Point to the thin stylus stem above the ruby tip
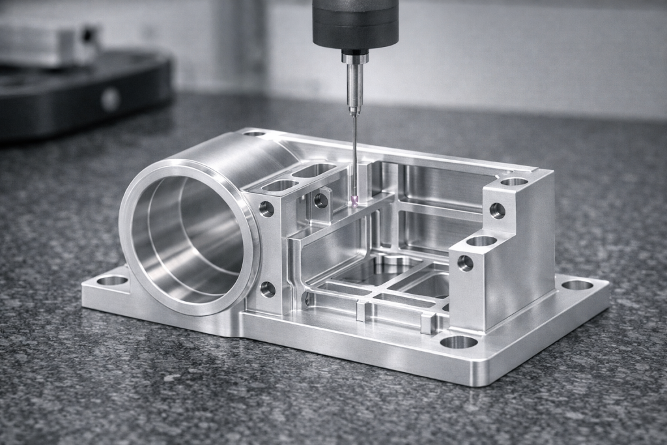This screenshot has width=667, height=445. pos(354,156)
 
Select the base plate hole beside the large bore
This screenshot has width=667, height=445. pos(112,281)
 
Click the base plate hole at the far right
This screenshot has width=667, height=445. pos(577,285)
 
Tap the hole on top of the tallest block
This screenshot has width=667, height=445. pos(514,181)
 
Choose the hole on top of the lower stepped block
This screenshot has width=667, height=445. pos(481,241)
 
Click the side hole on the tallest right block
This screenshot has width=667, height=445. pos(497,210)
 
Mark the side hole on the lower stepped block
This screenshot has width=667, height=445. pos(465,263)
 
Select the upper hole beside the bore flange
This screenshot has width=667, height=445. pos(266,208)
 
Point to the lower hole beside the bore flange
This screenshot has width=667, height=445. pos(268,289)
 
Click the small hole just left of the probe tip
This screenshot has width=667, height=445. pos(321,200)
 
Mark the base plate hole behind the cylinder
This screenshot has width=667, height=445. pos(254,133)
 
